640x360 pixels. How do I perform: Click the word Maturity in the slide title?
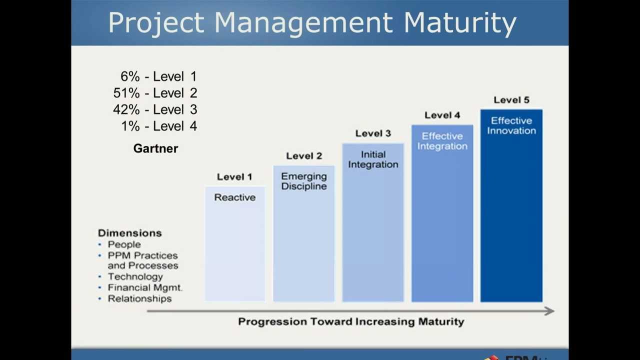click(x=459, y=23)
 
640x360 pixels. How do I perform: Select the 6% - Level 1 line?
click(x=158, y=76)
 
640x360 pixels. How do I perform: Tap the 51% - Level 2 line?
click(x=155, y=93)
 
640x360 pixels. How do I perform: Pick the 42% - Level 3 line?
click(x=155, y=109)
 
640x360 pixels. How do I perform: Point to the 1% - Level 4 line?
click(x=159, y=126)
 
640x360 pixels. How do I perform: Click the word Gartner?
click(x=155, y=148)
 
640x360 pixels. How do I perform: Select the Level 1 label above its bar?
click(x=234, y=177)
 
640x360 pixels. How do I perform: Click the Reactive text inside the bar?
click(x=234, y=197)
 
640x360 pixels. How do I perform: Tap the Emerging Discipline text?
click(x=303, y=181)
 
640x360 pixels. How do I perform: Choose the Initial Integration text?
click(x=373, y=159)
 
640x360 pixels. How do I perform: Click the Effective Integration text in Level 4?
click(x=442, y=141)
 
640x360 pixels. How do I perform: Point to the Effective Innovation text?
click(x=511, y=125)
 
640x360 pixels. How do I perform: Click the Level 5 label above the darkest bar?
click(x=511, y=100)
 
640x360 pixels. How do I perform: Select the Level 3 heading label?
click(x=373, y=133)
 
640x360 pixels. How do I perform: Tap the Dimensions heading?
click(x=129, y=233)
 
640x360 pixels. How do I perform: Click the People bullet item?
click(x=124, y=244)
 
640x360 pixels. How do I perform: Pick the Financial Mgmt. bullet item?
click(x=144, y=287)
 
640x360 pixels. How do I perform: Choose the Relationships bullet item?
click(x=139, y=298)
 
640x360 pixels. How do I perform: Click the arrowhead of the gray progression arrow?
click(x=549, y=311)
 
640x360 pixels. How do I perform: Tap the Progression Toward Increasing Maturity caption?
click(x=351, y=321)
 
